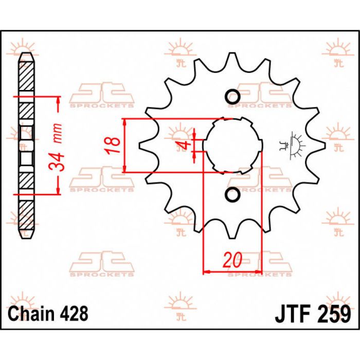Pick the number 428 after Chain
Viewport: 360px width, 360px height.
(73, 313)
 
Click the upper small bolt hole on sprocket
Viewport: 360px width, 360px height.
(232, 97)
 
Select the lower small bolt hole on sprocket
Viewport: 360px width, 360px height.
(232, 195)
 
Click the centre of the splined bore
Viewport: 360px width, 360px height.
(232, 146)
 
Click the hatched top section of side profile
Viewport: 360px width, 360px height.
(26, 75)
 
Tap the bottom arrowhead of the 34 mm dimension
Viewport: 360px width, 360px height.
(57, 192)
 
